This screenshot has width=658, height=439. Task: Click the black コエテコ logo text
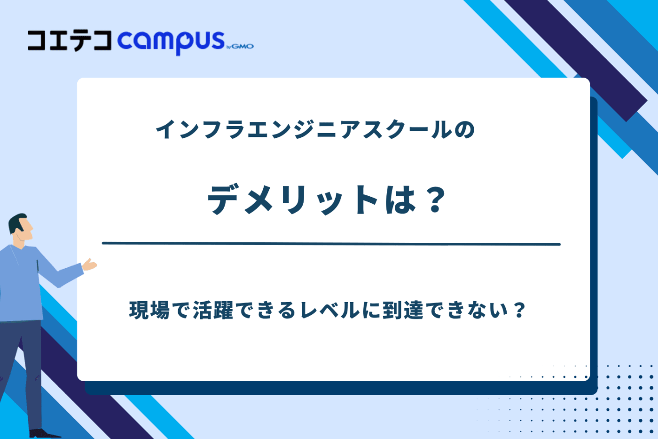[x=70, y=40]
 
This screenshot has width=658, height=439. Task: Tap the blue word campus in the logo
[x=171, y=41]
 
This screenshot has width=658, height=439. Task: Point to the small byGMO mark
[x=240, y=46]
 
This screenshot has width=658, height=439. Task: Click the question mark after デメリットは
[x=434, y=200]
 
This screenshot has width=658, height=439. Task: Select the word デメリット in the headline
[x=293, y=200]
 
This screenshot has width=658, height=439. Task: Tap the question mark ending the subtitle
[x=519, y=311]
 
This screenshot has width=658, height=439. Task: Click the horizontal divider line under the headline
[x=331, y=244]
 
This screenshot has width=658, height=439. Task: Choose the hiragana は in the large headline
[x=400, y=200]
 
